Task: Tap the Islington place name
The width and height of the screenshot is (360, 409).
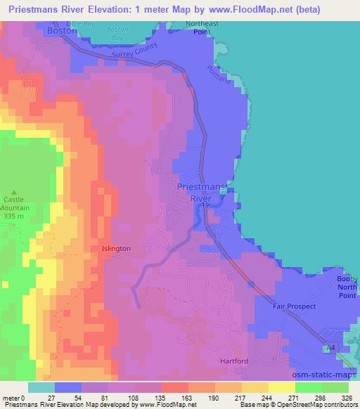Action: pos(116,249)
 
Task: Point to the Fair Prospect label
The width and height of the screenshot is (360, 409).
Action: pos(295,306)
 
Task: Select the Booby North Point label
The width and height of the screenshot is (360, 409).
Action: pos(346,285)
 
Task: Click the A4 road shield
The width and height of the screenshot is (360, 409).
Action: pos(328,349)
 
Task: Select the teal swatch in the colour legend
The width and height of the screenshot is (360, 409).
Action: pos(41,387)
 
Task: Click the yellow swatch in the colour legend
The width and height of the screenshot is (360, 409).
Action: pos(282,387)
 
